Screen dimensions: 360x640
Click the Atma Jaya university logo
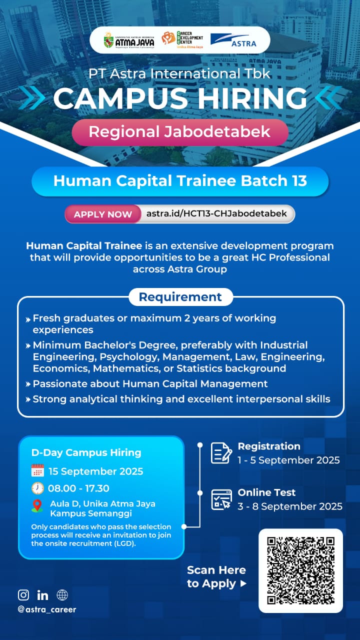[129, 40]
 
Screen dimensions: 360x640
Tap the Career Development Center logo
[182, 39]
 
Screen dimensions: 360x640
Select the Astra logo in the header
[233, 40]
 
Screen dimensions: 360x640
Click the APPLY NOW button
[103, 214]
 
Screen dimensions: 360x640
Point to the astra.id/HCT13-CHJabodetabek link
[216, 213]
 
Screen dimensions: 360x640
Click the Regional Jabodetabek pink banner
[179, 132]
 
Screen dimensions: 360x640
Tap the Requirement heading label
[180, 297]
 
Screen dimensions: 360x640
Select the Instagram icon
[23, 595]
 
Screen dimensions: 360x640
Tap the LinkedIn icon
[42, 595]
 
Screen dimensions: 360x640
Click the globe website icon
[62, 595]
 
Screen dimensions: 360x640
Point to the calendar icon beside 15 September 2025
[37, 470]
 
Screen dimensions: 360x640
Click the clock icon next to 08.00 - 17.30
[37, 488]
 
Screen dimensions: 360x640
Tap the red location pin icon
[37, 506]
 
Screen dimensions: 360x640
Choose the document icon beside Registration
[221, 453]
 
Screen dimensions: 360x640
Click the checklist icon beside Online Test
[221, 499]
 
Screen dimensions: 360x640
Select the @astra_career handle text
[47, 609]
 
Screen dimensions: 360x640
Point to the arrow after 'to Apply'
[243, 583]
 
